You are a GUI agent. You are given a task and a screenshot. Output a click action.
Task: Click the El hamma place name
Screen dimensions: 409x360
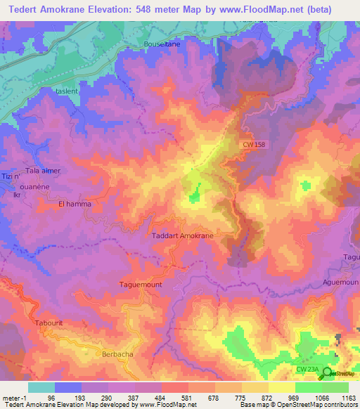click(75, 204)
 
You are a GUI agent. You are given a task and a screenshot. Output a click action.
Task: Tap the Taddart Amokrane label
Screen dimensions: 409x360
click(183, 236)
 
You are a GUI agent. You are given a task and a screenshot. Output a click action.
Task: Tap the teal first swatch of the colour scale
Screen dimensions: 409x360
click(41, 387)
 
